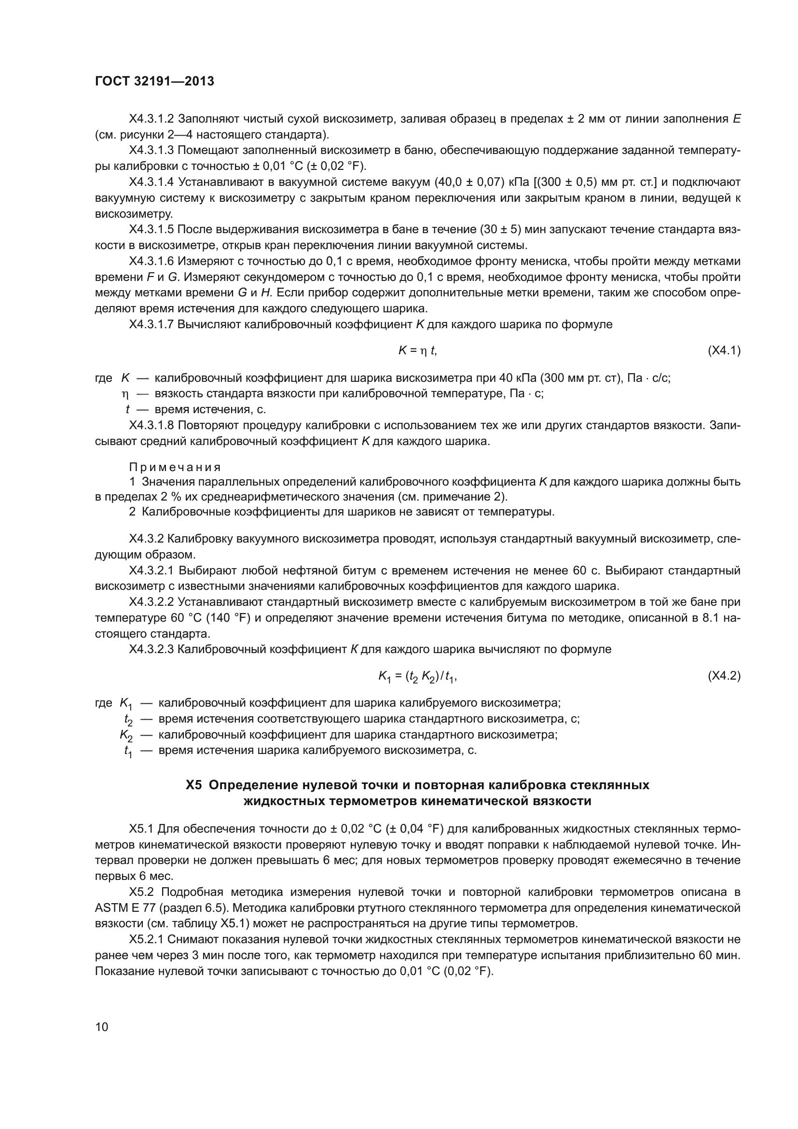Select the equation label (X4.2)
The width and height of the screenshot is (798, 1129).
tap(724, 676)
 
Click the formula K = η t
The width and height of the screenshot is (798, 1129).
tap(417, 350)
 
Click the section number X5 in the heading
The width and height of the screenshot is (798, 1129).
tap(193, 785)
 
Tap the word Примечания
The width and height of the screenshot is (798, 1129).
tap(175, 467)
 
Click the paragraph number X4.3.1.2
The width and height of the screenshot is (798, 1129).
tap(151, 119)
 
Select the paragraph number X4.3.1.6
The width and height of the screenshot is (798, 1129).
tap(151, 261)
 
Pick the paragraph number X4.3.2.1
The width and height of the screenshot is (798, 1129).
tap(151, 571)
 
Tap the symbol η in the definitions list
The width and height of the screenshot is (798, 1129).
tap(125, 394)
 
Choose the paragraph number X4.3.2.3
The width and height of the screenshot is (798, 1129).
tap(151, 649)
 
